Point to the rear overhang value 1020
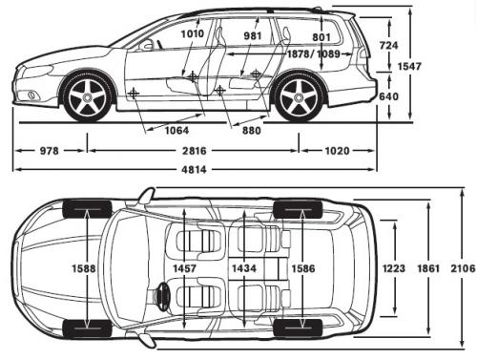click(335, 151)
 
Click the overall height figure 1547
click(438, 66)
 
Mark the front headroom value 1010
click(193, 33)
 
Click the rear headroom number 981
click(253, 35)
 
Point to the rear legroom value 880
click(251, 131)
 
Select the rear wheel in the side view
click(298, 97)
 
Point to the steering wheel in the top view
click(163, 297)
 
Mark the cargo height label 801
click(321, 37)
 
